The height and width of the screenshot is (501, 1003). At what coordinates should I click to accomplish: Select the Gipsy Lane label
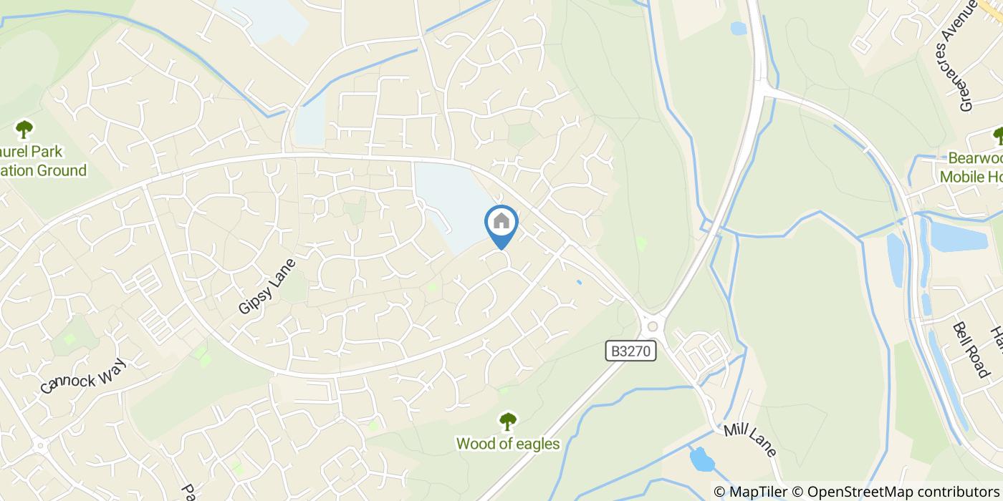(267, 286)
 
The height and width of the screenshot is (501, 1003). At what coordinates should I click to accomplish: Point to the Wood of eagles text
(508, 444)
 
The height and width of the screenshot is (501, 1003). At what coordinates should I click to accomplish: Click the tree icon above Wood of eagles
(508, 422)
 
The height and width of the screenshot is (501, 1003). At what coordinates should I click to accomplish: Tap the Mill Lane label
(750, 439)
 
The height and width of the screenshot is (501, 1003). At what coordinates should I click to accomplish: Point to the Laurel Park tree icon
(24, 130)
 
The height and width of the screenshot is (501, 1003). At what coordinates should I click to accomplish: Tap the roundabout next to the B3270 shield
(652, 327)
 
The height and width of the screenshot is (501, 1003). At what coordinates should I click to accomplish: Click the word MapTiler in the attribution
(757, 492)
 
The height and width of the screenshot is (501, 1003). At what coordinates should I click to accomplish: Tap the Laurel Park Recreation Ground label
(43, 161)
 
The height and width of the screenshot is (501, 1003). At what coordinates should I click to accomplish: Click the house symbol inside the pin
(501, 221)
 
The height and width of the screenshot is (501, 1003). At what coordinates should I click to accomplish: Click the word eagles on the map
(536, 444)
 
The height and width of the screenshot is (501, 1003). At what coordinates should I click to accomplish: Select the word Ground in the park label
(62, 170)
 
